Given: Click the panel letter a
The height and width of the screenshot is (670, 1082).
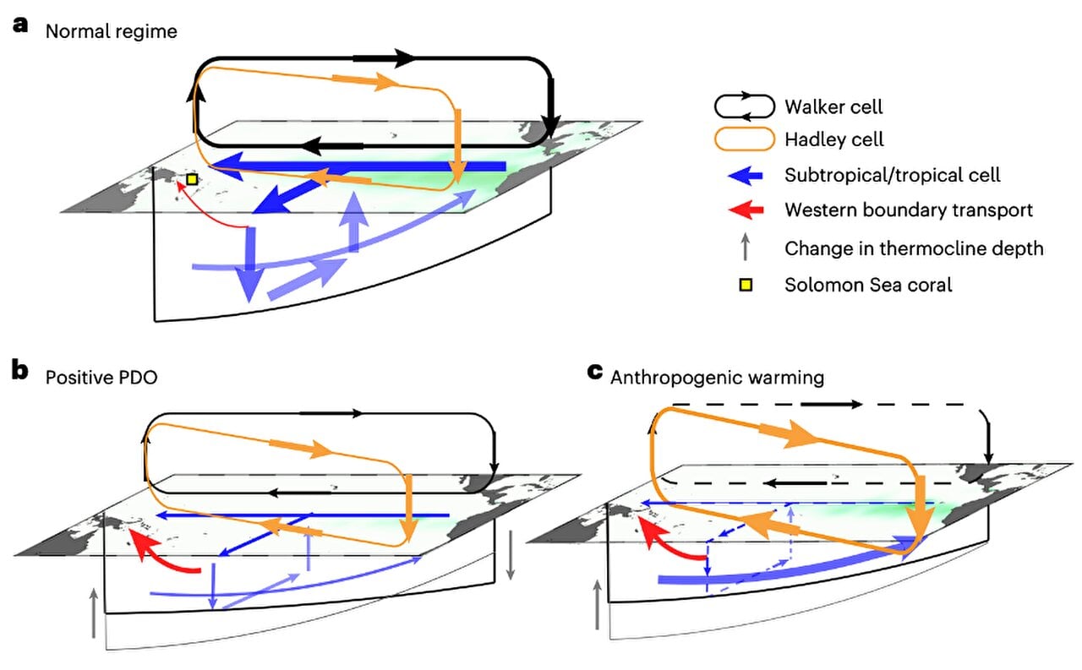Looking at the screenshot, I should pyautogui.click(x=20, y=25).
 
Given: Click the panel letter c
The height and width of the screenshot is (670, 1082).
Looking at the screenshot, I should pyautogui.click(x=595, y=372).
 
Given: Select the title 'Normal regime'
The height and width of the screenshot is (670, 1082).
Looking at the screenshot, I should pyautogui.click(x=112, y=32).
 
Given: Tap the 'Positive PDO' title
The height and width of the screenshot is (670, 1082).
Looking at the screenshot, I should pyautogui.click(x=101, y=377).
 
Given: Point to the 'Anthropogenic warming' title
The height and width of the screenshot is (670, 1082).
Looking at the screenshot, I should pyautogui.click(x=717, y=377).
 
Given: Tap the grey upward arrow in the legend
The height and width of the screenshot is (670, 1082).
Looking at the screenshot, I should pyautogui.click(x=745, y=248).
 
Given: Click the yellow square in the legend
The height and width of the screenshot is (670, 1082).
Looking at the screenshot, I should pyautogui.click(x=745, y=285).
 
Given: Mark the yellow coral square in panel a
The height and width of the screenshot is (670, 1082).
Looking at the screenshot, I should pyautogui.click(x=192, y=179).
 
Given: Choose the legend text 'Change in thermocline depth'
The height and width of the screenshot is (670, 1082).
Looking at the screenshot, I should pyautogui.click(x=914, y=248).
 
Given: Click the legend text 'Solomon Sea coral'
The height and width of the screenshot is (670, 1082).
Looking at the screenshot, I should pyautogui.click(x=868, y=285).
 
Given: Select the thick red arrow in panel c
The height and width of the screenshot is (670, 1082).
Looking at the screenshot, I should pyautogui.click(x=671, y=542).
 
